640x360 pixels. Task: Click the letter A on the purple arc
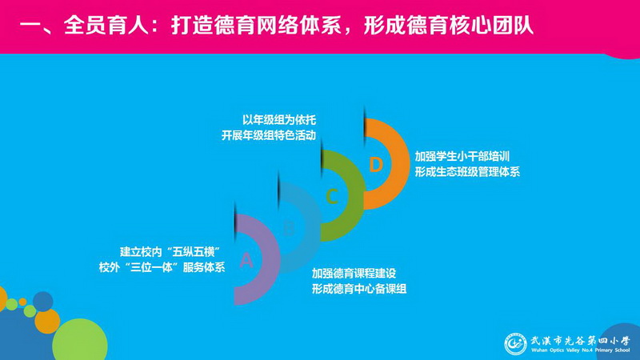(x=246, y=260)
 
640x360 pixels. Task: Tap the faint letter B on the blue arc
(x=289, y=228)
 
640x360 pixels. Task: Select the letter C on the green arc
(x=332, y=196)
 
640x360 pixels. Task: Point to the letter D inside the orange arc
(x=375, y=165)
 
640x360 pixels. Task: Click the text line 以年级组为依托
(x=279, y=120)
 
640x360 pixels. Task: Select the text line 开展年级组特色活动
(x=269, y=135)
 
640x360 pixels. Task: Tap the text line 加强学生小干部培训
(x=462, y=156)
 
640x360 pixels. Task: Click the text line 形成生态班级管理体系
(x=467, y=172)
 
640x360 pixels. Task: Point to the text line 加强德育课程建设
(x=354, y=273)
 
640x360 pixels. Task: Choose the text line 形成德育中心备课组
(x=359, y=289)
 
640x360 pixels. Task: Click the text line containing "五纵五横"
(x=170, y=252)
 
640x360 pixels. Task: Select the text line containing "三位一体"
(x=162, y=267)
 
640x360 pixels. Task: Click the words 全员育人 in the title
(x=106, y=26)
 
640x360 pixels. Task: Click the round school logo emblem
(x=515, y=344)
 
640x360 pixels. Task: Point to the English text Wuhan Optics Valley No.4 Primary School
(x=581, y=350)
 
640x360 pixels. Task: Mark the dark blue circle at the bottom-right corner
(x=622, y=342)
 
